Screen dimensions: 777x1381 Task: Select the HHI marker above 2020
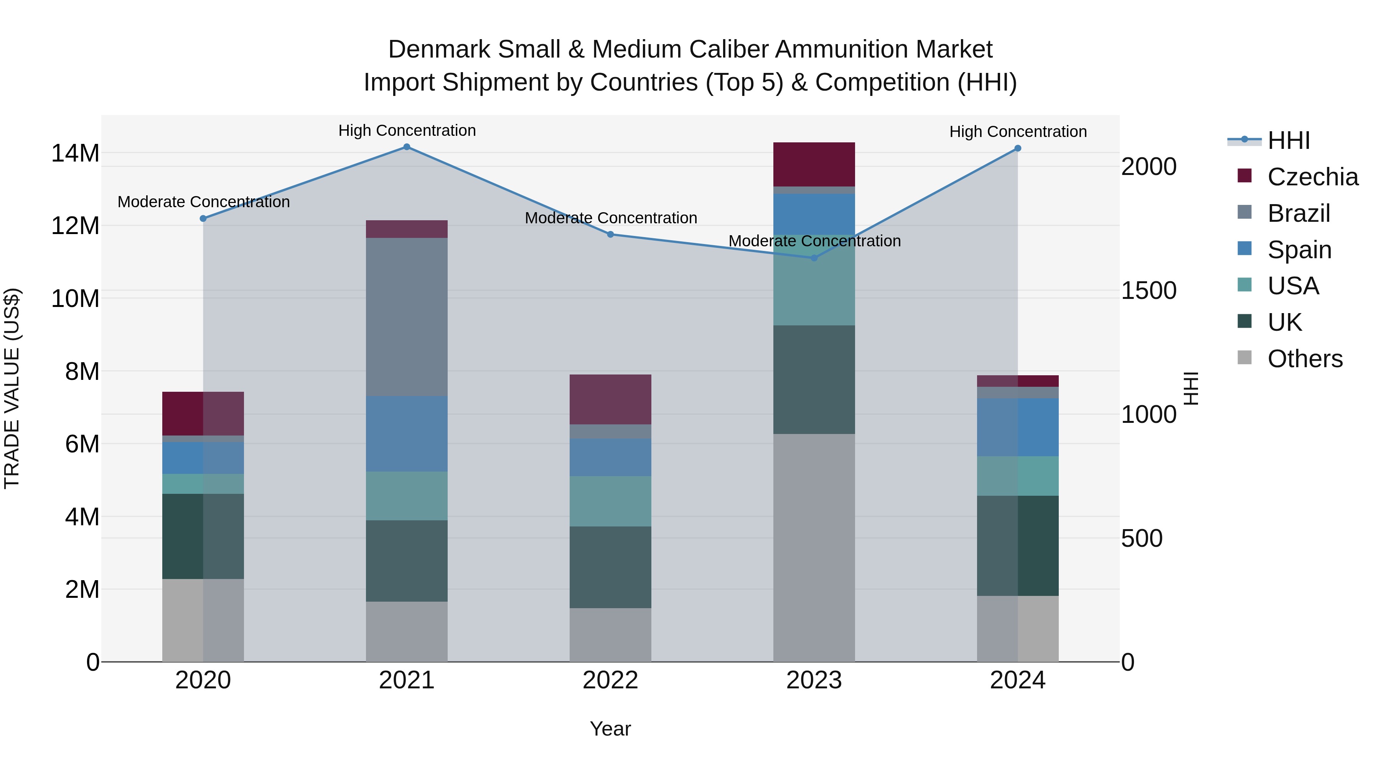click(203, 219)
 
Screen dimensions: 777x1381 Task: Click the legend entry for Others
click(1305, 359)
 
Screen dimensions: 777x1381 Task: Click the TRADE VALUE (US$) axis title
click(12, 388)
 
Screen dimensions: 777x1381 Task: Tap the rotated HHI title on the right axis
click(1191, 388)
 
